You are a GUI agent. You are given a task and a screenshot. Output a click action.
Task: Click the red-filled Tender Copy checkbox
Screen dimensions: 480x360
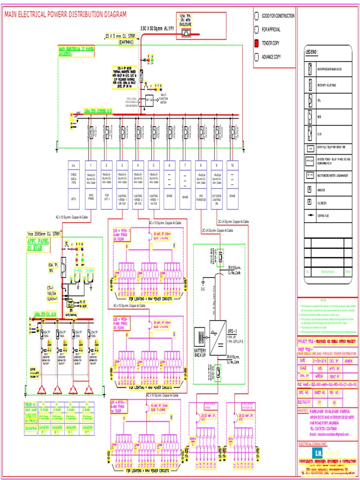(256, 43)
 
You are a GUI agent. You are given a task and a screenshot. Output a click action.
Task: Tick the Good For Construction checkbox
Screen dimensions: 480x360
(256, 16)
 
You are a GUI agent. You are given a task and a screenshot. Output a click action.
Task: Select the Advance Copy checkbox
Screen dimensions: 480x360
(256, 57)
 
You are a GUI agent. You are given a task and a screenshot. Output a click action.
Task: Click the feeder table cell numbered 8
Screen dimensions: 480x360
(200, 165)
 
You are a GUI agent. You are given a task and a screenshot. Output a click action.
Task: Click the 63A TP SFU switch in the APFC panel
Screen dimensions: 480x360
(63, 268)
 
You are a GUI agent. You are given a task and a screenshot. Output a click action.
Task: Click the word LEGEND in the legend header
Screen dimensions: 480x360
(312, 52)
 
